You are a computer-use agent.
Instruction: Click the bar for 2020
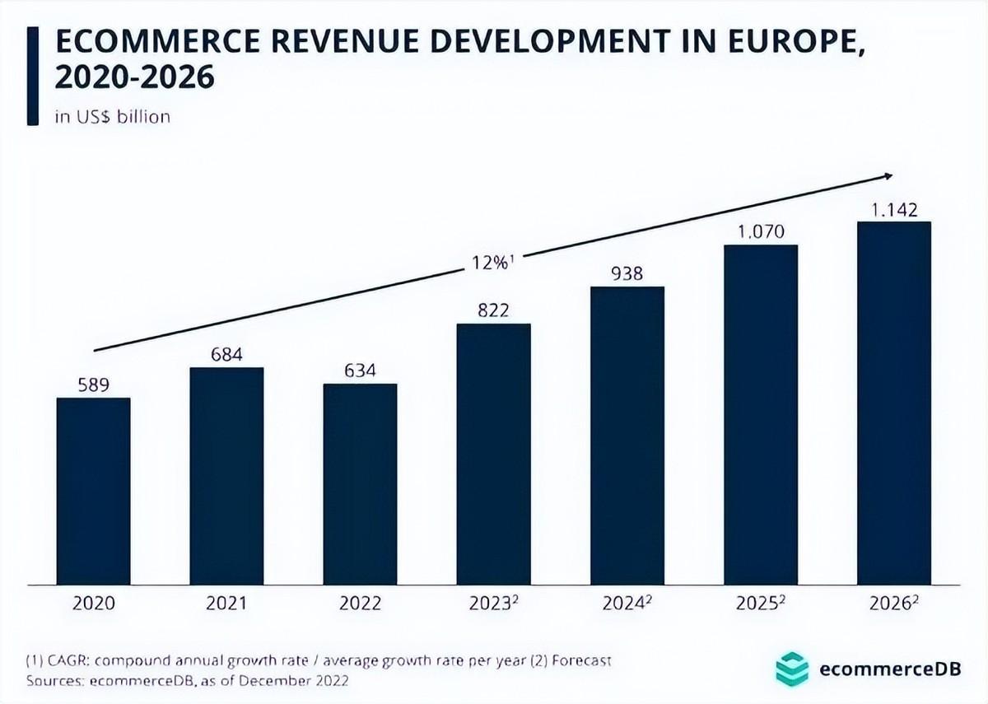pos(93,492)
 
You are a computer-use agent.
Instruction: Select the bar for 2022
pos(360,484)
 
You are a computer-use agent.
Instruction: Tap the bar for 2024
pos(627,436)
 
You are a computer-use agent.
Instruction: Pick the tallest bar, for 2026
pos(893,403)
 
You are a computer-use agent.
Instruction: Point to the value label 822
pos(493,310)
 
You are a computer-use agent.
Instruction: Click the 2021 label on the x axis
pos(226,603)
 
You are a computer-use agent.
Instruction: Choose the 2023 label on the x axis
pos(491,603)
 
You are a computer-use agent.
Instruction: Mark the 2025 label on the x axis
pos(757,603)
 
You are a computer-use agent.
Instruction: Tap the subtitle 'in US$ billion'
pos(113,116)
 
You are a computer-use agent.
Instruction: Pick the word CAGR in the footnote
pos(67,661)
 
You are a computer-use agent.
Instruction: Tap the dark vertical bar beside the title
pos(32,75)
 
